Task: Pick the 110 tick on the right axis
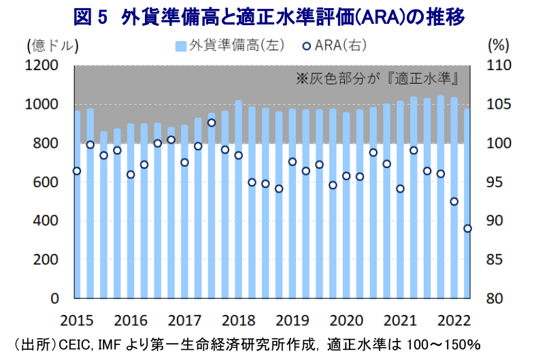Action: point(499,65)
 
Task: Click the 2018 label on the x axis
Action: point(238,320)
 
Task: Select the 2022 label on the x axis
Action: point(454,320)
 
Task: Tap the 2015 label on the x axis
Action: point(76,320)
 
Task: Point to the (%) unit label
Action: point(499,46)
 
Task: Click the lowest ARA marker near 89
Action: point(467,229)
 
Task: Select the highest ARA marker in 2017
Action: point(212,122)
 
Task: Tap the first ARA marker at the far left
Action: point(77,171)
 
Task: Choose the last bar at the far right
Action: point(467,204)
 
